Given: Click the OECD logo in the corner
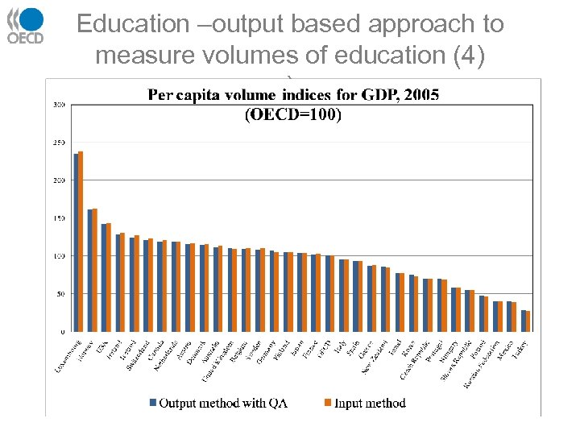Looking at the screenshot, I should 26,26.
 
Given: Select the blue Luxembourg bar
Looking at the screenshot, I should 76,242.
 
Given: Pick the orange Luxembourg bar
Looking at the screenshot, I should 81,241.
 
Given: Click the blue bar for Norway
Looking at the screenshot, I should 90,270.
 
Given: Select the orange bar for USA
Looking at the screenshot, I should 109,277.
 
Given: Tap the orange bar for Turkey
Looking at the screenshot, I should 528,321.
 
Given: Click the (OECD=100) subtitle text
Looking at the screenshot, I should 293,114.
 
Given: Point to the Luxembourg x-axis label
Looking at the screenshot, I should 66,354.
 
